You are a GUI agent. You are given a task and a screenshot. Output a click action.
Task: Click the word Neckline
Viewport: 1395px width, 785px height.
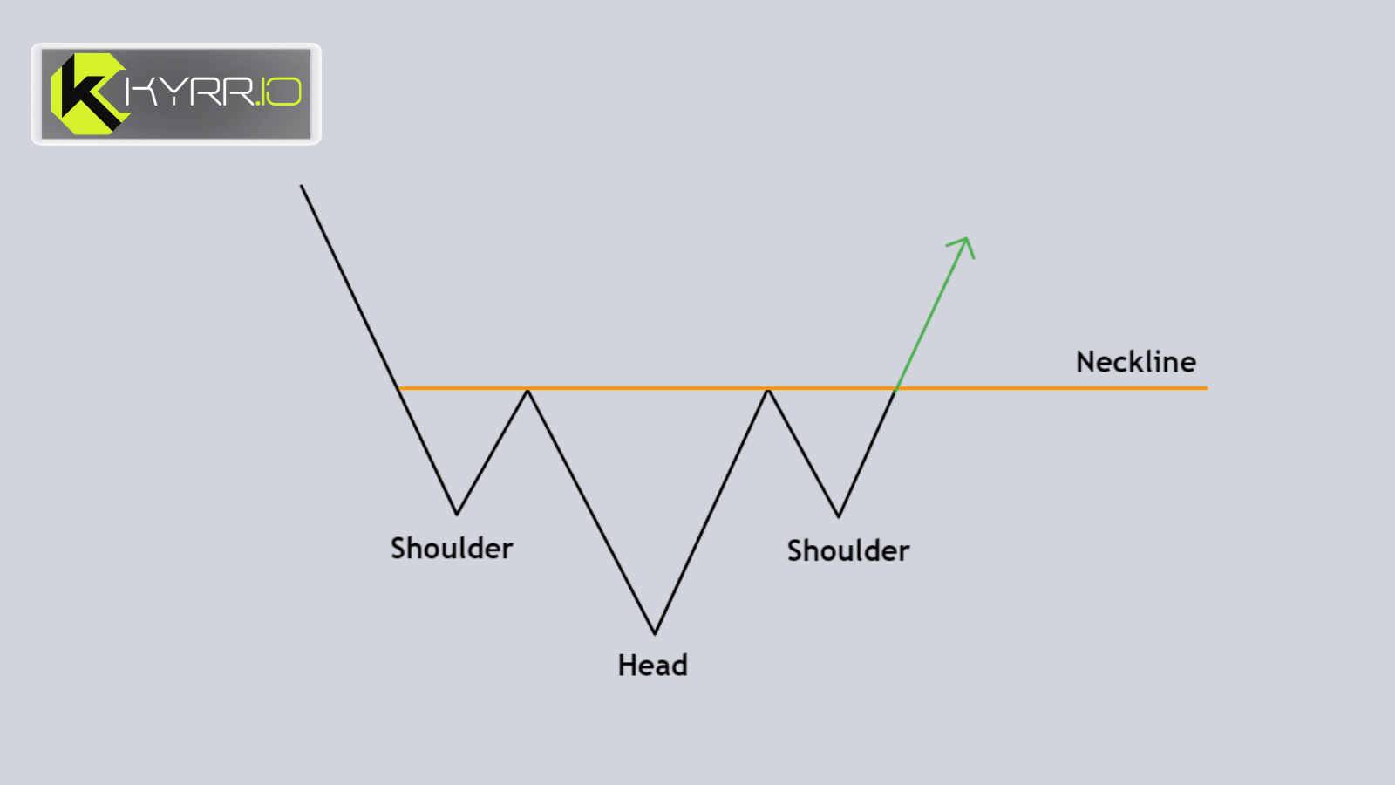coord(1136,362)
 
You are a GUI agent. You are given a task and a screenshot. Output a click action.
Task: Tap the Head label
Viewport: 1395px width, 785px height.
coord(653,666)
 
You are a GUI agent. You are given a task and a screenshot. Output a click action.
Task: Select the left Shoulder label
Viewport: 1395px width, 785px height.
coord(452,549)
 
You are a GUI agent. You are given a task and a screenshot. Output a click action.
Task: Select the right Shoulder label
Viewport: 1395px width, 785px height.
coord(848,550)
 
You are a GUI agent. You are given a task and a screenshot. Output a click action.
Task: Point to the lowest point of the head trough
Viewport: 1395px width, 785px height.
coord(655,634)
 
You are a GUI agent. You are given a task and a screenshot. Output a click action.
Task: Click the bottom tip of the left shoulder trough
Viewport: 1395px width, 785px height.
coord(457,514)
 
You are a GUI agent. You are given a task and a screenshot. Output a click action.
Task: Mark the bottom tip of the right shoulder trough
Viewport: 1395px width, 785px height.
coord(839,516)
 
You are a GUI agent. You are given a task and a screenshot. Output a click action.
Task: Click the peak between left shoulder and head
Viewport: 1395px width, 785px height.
coord(527,389)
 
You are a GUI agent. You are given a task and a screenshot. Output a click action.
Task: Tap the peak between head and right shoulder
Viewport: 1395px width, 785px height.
coord(768,389)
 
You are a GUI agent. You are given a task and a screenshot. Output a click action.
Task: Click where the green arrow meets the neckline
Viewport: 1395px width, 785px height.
coord(895,389)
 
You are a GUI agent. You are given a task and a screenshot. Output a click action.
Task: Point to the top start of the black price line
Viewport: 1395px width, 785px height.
coord(302,185)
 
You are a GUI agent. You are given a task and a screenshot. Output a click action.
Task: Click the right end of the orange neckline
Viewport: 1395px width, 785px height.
coord(1207,388)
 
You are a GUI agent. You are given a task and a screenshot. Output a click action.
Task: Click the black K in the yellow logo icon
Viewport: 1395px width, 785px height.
coord(88,94)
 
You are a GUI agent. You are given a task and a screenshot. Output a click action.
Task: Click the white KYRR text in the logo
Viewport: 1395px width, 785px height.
coord(189,92)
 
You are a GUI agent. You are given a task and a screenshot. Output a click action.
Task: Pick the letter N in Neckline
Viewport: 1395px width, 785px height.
coord(1085,362)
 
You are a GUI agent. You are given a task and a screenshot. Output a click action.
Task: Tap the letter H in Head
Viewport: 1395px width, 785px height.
coord(627,666)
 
